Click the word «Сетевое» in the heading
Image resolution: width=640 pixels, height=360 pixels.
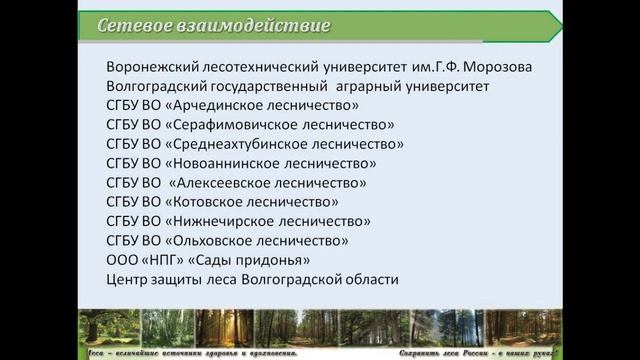128,25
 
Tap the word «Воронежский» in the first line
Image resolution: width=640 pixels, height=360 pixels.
150,67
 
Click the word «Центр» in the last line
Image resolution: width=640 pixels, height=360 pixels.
127,280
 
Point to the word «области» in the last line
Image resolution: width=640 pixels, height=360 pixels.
371,280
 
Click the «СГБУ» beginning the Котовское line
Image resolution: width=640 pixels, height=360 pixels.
125,202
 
